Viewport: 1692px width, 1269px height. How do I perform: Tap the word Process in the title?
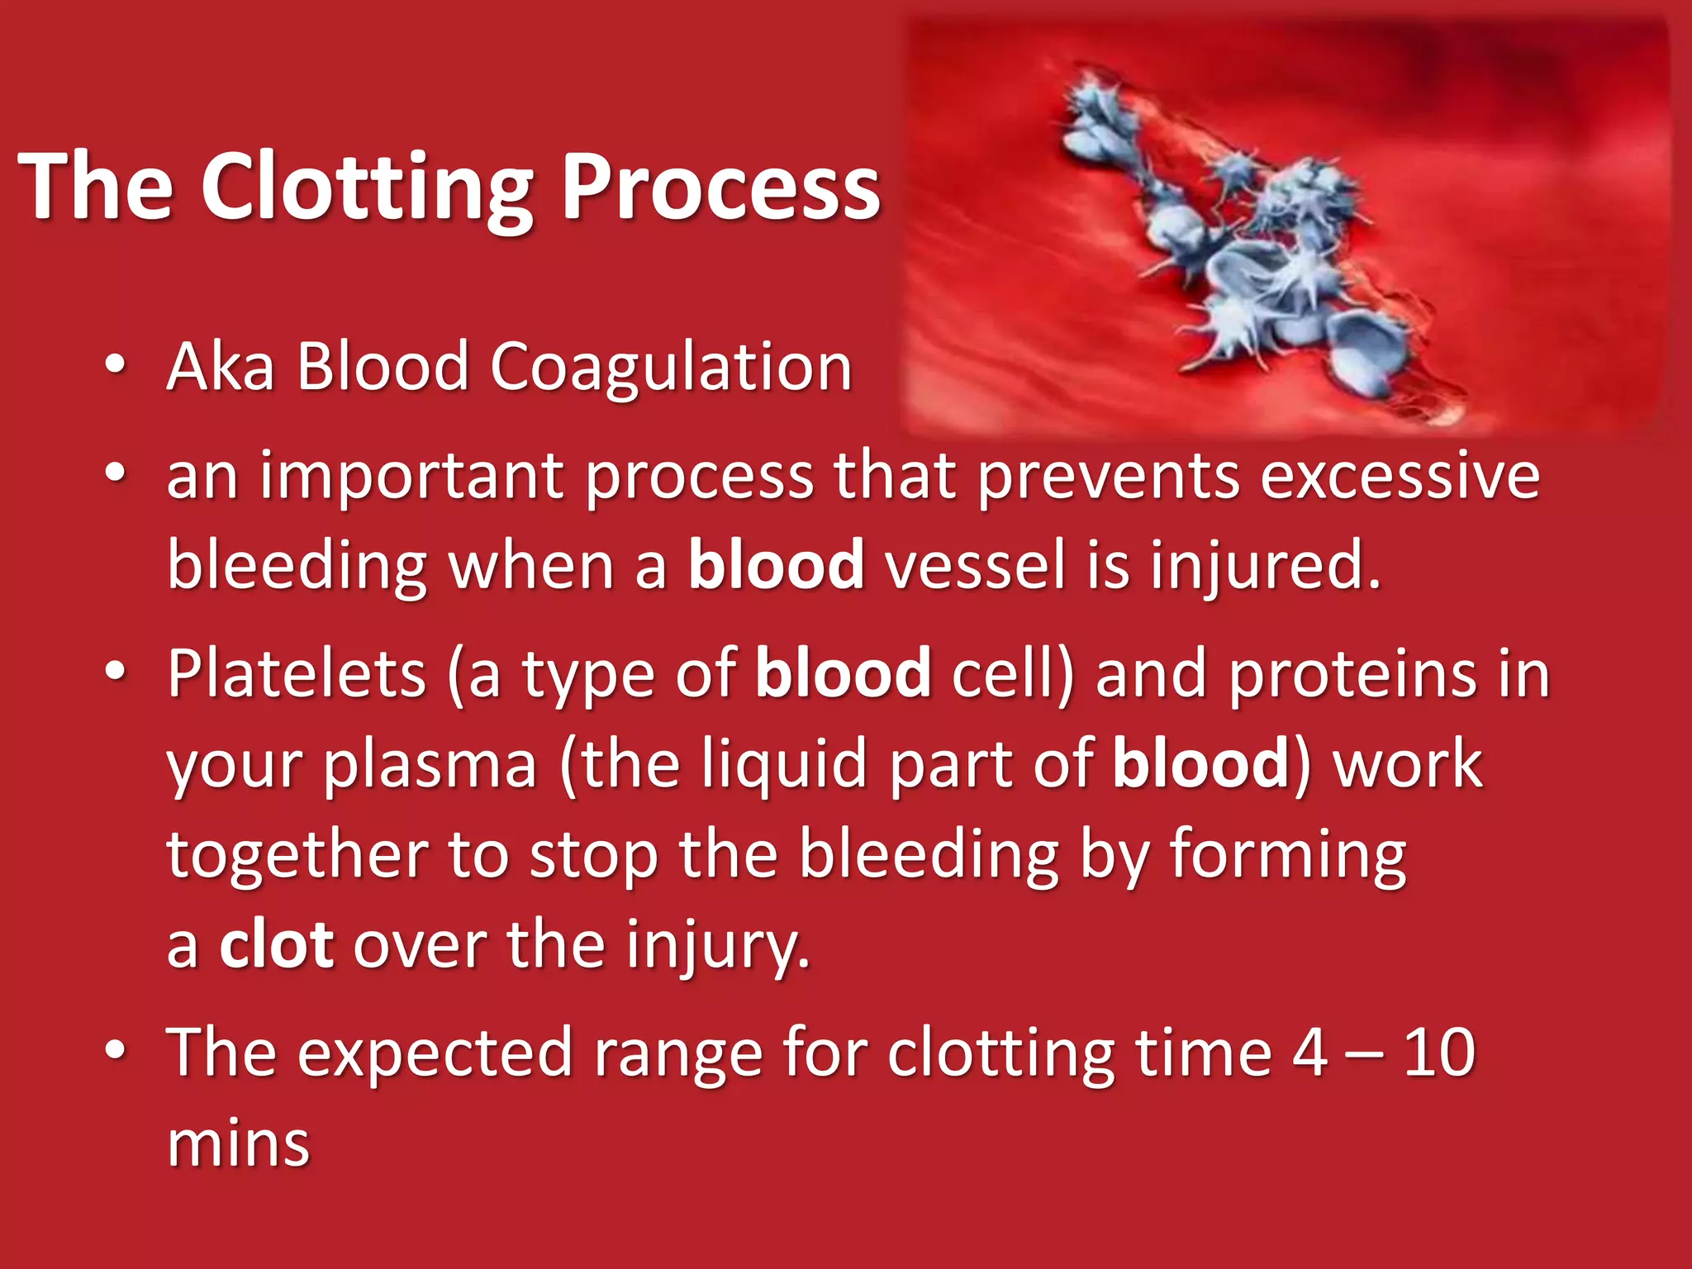[x=720, y=188]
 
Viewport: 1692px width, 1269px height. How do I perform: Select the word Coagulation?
[x=671, y=367]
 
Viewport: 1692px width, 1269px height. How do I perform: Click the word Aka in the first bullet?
[x=220, y=367]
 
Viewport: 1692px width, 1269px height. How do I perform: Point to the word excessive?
[x=1400, y=478]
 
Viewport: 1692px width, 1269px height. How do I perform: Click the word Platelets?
[x=297, y=673]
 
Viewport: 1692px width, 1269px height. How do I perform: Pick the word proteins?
[x=1352, y=673]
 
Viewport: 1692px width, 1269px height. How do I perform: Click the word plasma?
[x=430, y=764]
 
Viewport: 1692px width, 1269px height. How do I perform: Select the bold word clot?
[x=276, y=944]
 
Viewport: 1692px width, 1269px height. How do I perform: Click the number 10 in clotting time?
[x=1439, y=1053]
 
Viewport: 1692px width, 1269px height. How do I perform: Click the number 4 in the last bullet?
[x=1310, y=1053]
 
